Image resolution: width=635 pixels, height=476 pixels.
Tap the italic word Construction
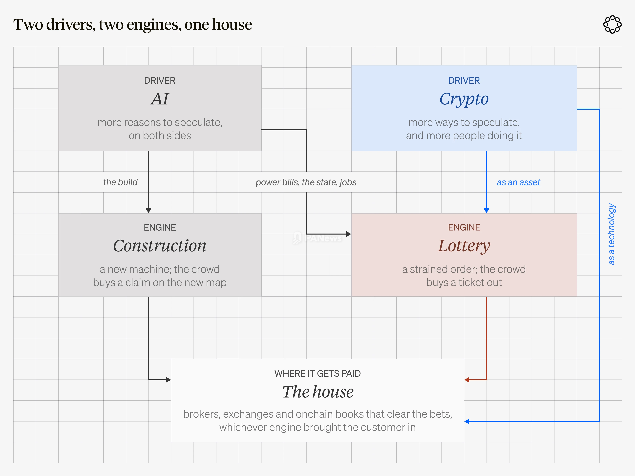point(160,246)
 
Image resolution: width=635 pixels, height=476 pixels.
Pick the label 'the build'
point(120,182)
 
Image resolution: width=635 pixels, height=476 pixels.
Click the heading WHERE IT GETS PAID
point(317,374)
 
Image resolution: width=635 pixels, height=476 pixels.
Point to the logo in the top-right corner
point(612,24)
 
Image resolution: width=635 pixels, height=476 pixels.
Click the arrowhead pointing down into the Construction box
point(148,211)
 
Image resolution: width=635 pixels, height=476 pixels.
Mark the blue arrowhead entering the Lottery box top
point(486,211)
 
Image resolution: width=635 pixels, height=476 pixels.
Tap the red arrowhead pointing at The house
point(467,380)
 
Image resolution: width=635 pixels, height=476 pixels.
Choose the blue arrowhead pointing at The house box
point(467,421)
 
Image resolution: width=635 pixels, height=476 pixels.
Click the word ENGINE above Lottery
point(464,228)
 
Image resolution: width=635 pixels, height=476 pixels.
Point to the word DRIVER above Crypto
point(464,81)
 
